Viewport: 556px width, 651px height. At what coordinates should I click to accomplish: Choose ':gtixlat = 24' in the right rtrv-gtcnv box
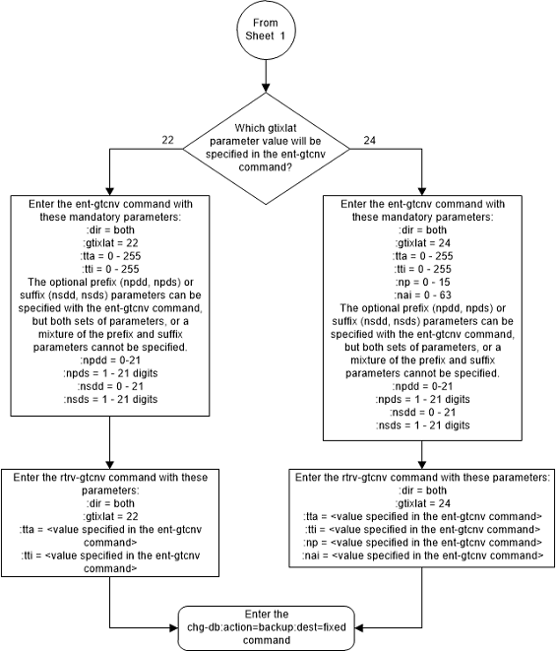422,503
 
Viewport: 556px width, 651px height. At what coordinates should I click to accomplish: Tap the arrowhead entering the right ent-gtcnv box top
422,192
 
